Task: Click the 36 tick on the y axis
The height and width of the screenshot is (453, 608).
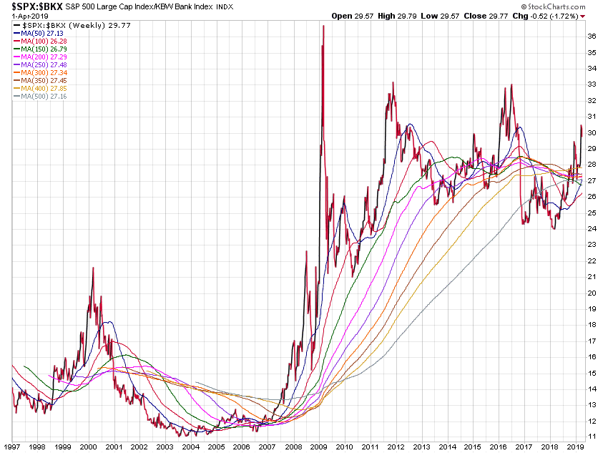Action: coord(592,36)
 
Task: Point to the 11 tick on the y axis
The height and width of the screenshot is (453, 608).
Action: coord(592,436)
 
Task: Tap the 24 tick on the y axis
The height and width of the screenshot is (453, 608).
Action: coord(592,228)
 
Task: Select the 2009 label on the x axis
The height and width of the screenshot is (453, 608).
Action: coord(318,445)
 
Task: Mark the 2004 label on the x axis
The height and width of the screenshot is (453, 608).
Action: coord(190,445)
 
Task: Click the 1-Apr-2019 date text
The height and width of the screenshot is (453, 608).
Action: coord(25,16)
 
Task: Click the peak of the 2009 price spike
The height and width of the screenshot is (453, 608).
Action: coord(324,26)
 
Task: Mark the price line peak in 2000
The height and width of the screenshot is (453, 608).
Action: coord(92,268)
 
